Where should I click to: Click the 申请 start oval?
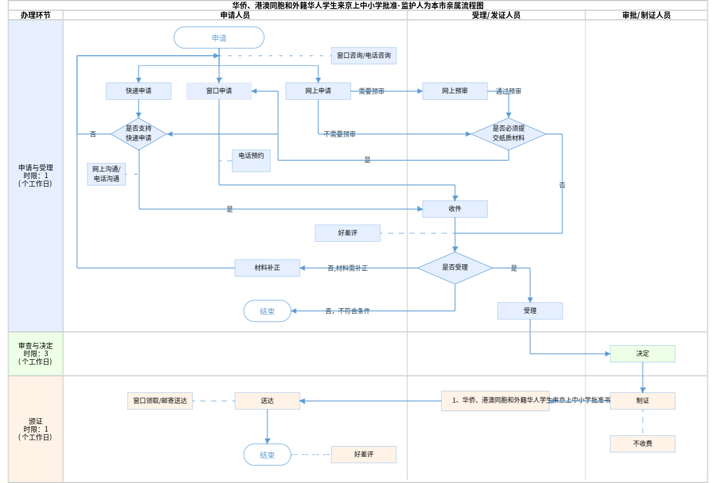coord(219,38)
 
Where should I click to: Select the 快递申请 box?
coord(138,91)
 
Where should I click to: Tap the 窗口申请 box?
coord(219,91)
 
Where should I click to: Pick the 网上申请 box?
coord(318,91)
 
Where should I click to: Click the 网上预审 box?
coord(455,91)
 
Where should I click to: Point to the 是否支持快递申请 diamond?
coord(138,133)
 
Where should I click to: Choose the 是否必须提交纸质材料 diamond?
coord(508,133)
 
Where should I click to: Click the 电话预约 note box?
coord(251,160)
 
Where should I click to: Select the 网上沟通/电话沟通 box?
coord(106,174)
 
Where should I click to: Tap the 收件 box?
coord(455,209)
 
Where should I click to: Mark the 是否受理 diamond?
coord(455,267)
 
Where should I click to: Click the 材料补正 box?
coord(267,267)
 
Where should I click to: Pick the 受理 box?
coord(530,311)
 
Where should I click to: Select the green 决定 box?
coord(642,354)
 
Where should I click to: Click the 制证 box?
coord(642,401)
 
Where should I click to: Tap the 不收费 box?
coord(642,444)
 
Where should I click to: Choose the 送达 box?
coord(267,401)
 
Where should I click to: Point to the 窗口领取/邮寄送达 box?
coord(160,401)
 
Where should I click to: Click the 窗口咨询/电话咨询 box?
coord(364,56)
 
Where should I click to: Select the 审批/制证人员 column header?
coord(646,15)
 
